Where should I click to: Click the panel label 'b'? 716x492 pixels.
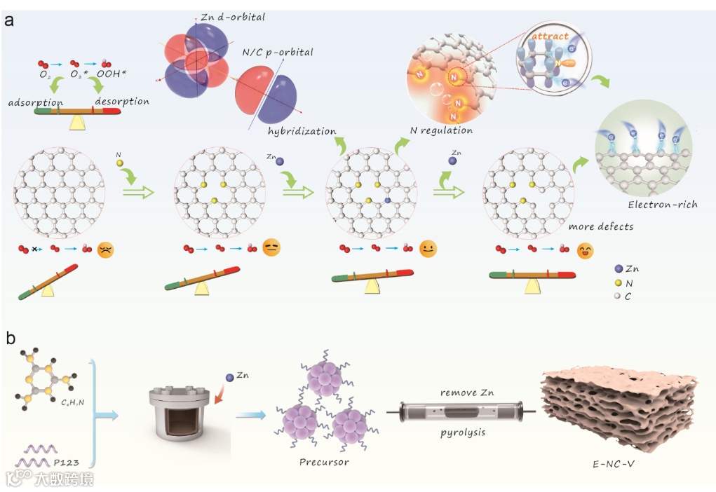click(x=10, y=339)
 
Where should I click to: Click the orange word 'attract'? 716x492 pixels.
click(x=549, y=36)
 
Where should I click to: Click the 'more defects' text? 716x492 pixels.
click(x=602, y=226)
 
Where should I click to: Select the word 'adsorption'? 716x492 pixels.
click(x=36, y=102)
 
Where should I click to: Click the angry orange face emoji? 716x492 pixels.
click(x=106, y=249)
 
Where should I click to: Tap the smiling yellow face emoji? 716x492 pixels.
click(x=427, y=248)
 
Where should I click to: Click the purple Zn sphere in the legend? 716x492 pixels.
click(x=617, y=268)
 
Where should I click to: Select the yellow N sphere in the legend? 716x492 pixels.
click(x=617, y=282)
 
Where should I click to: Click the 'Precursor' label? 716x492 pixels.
click(x=324, y=462)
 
